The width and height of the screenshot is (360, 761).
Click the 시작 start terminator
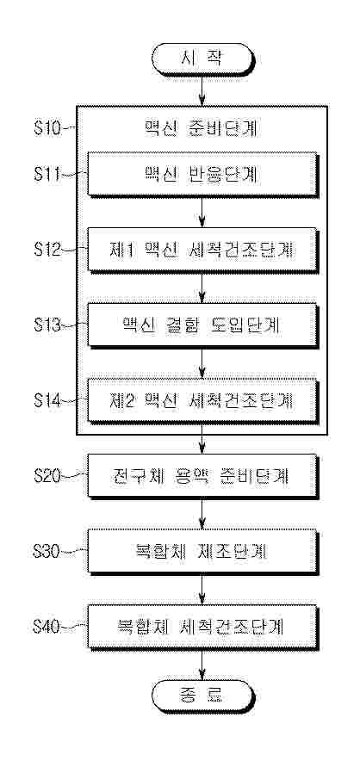point(202,59)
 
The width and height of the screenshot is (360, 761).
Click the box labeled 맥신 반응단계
point(202,175)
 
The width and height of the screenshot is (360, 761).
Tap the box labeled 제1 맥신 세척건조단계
point(202,250)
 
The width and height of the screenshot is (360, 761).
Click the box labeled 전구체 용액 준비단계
point(202,475)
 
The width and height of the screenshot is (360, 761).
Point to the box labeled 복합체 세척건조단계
point(202,626)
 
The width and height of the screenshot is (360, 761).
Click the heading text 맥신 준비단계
point(202,129)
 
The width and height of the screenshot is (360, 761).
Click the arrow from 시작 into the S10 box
point(202,90)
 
